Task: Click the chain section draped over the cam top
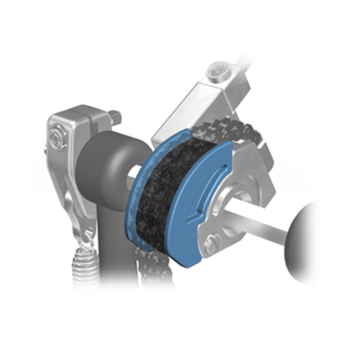coord(225,130)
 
